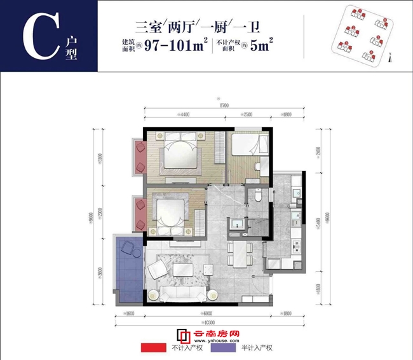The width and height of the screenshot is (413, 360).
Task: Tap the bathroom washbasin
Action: click(237, 223)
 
